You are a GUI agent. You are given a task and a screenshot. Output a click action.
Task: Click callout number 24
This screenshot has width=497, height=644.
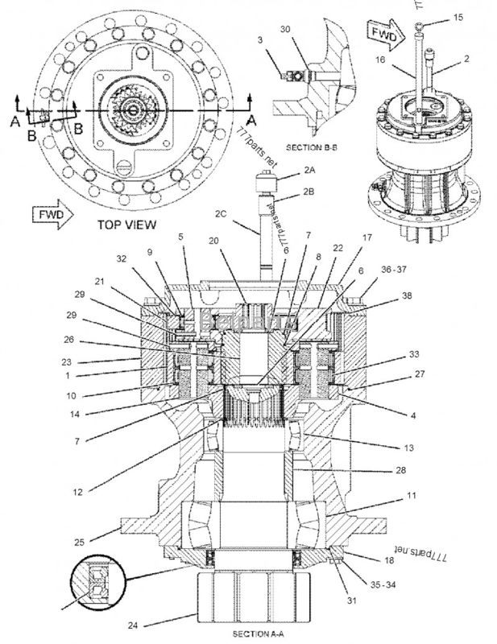point(135,622)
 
